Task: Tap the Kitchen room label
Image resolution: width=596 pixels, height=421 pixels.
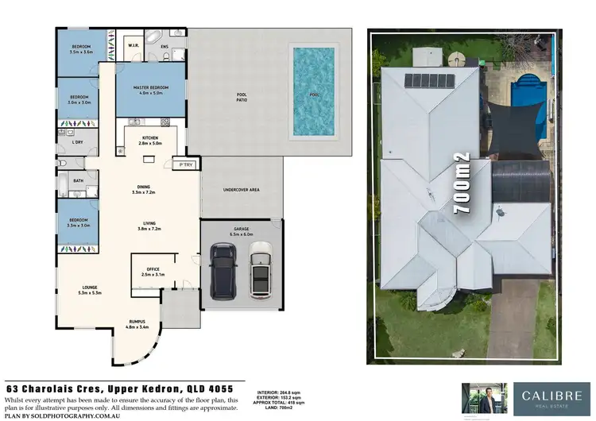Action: (150, 137)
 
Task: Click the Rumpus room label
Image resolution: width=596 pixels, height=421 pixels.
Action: (136, 322)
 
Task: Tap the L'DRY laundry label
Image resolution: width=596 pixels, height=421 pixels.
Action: (77, 142)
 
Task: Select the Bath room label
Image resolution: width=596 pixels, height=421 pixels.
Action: (78, 180)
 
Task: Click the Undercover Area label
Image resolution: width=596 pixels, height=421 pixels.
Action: (242, 191)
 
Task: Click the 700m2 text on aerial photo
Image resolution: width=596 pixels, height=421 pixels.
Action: (462, 183)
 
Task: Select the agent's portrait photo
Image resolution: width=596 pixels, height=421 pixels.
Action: (480, 396)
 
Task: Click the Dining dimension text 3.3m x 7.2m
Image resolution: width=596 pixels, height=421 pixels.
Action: (150, 192)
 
